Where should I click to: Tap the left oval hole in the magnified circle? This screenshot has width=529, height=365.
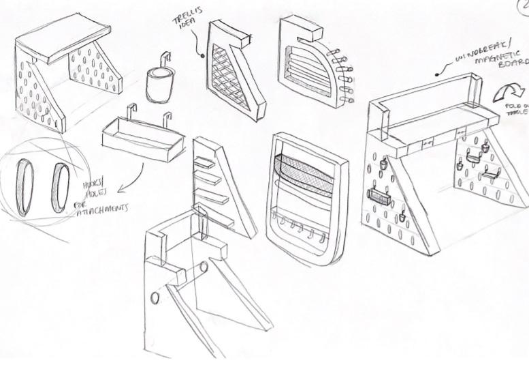click(25, 187)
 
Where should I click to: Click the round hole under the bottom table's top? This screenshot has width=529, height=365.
click(204, 266)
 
